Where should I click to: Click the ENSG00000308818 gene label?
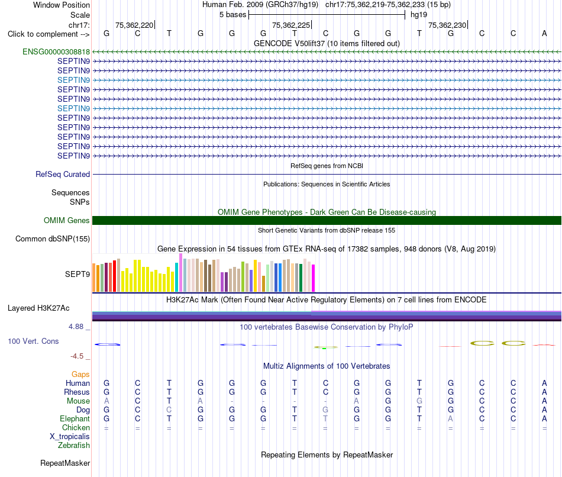click(56, 51)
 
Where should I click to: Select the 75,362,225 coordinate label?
click(290, 25)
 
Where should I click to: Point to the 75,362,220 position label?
click(134, 25)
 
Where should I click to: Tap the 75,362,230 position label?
click(447, 25)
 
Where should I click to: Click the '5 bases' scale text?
click(232, 15)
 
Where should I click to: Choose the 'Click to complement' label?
click(43, 34)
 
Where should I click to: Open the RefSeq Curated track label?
click(63, 175)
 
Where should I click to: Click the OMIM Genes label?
click(67, 221)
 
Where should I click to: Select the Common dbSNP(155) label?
click(53, 239)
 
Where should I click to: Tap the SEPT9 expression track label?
click(77, 275)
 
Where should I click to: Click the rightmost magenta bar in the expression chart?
click(314, 278)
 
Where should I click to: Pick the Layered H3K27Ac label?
click(38, 308)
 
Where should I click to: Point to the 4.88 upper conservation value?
click(76, 327)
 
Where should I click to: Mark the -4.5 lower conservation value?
click(77, 356)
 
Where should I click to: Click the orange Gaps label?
click(80, 375)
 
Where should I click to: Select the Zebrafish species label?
click(74, 446)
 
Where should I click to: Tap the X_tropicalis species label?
click(70, 437)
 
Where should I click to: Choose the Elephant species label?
click(75, 419)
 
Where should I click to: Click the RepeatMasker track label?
click(65, 463)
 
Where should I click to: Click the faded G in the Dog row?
click(325, 410)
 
